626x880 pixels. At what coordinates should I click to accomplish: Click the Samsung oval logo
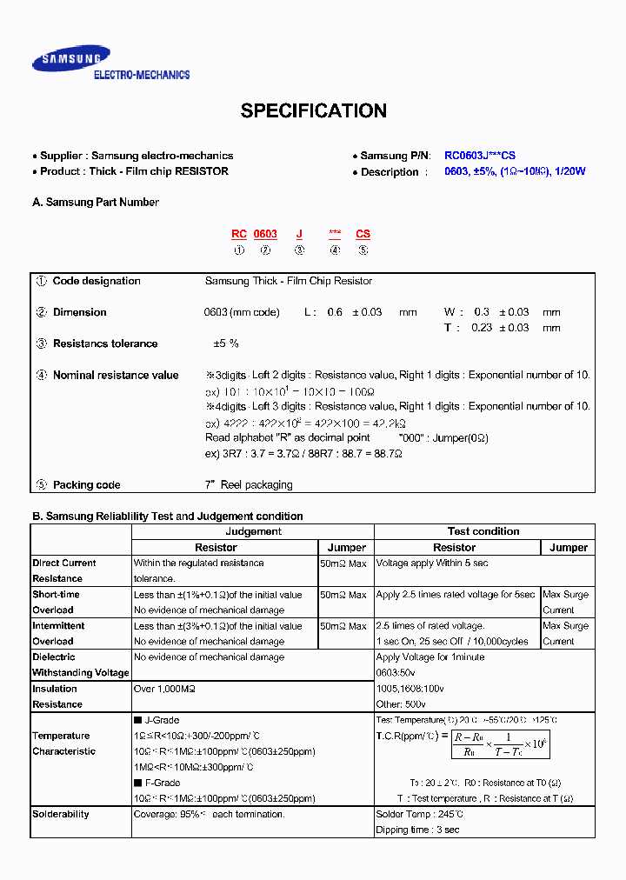coord(71,59)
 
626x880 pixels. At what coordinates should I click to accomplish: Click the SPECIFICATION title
coord(313,111)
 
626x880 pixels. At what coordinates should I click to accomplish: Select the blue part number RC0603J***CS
coord(492,156)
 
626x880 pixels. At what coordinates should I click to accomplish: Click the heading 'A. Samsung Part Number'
coord(96,203)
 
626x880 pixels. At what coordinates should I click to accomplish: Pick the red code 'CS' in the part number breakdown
coord(363,234)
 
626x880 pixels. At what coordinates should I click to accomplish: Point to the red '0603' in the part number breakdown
coord(265,234)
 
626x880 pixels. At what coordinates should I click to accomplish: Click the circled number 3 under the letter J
coord(299,250)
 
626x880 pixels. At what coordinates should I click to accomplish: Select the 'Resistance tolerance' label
coord(105,343)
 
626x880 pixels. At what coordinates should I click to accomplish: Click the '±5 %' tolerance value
coord(226,343)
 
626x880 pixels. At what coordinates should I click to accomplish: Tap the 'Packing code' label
coord(86,485)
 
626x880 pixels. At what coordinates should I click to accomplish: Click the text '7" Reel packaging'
coord(249,485)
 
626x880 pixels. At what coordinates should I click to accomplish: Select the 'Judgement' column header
coord(253,531)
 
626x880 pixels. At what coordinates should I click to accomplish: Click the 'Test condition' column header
coord(483,531)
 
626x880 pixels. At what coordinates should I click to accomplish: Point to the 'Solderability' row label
coord(61,814)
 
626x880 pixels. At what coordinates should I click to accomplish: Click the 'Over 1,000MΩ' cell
coord(164,689)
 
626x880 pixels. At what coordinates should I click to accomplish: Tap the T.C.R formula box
coord(500,744)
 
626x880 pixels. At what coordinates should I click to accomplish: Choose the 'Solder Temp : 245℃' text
coord(419,814)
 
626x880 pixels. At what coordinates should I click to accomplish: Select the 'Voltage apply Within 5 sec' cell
coord(432,563)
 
